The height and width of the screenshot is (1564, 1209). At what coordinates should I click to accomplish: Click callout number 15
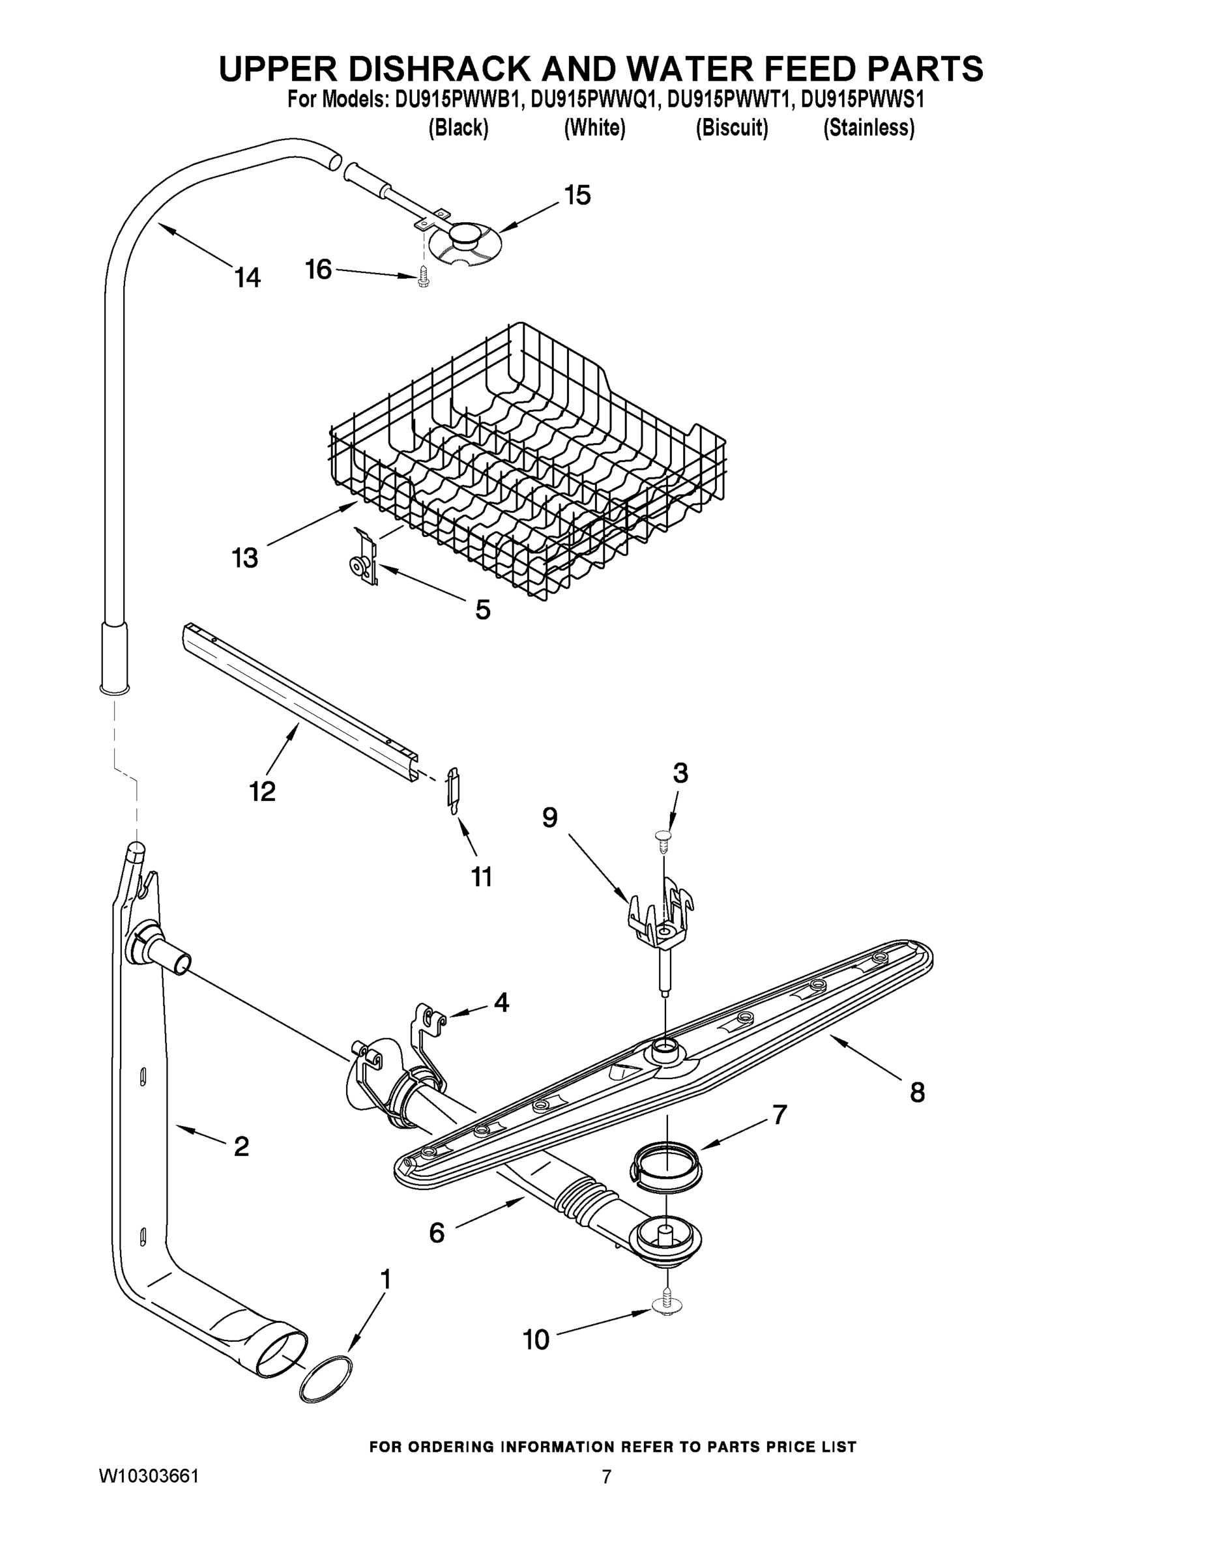(x=577, y=195)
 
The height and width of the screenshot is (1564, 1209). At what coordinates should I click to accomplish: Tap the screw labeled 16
(x=422, y=276)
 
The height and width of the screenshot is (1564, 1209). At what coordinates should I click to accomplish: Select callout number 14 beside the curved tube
(x=248, y=277)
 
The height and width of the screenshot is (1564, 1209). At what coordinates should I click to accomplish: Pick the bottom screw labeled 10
(x=667, y=1305)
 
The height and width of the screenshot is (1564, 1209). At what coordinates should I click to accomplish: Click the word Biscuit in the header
(x=731, y=128)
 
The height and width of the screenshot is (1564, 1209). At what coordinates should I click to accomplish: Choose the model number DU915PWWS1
(x=862, y=99)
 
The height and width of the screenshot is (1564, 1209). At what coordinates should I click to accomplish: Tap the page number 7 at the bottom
(x=606, y=1477)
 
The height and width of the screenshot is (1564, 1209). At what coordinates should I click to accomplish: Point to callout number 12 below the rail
(x=262, y=791)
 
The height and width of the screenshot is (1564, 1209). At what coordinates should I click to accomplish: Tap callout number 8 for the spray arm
(x=917, y=1093)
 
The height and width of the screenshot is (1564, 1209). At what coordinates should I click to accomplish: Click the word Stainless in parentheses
(x=868, y=128)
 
